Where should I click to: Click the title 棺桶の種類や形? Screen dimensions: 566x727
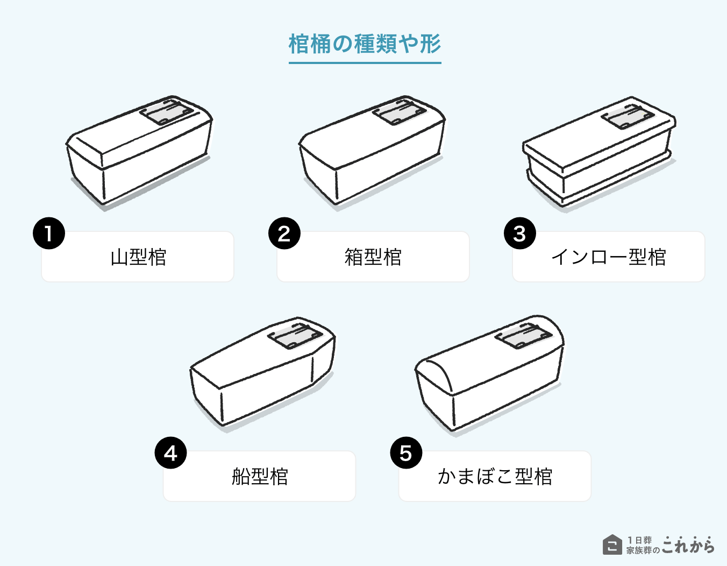point(365,44)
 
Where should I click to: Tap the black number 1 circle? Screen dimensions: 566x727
point(49,234)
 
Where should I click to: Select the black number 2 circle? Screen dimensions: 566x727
point(284,234)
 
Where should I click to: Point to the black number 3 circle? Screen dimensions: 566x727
point(519,234)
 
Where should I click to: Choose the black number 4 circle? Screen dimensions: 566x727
point(170,453)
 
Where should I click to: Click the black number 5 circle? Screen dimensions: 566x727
point(406,453)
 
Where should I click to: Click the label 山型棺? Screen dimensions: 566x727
point(138,257)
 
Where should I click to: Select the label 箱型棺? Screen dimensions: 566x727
point(373,257)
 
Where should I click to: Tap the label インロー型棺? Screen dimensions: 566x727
point(609,257)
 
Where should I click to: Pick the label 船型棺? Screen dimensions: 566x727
point(260,477)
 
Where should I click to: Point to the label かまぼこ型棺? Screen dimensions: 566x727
point(495,477)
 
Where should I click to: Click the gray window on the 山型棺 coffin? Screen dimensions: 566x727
point(166,112)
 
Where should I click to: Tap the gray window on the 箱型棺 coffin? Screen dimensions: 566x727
point(398,112)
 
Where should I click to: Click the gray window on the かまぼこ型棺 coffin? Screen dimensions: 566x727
point(522,336)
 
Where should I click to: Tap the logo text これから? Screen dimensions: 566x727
point(688,545)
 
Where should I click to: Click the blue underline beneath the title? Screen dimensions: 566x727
point(365,63)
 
